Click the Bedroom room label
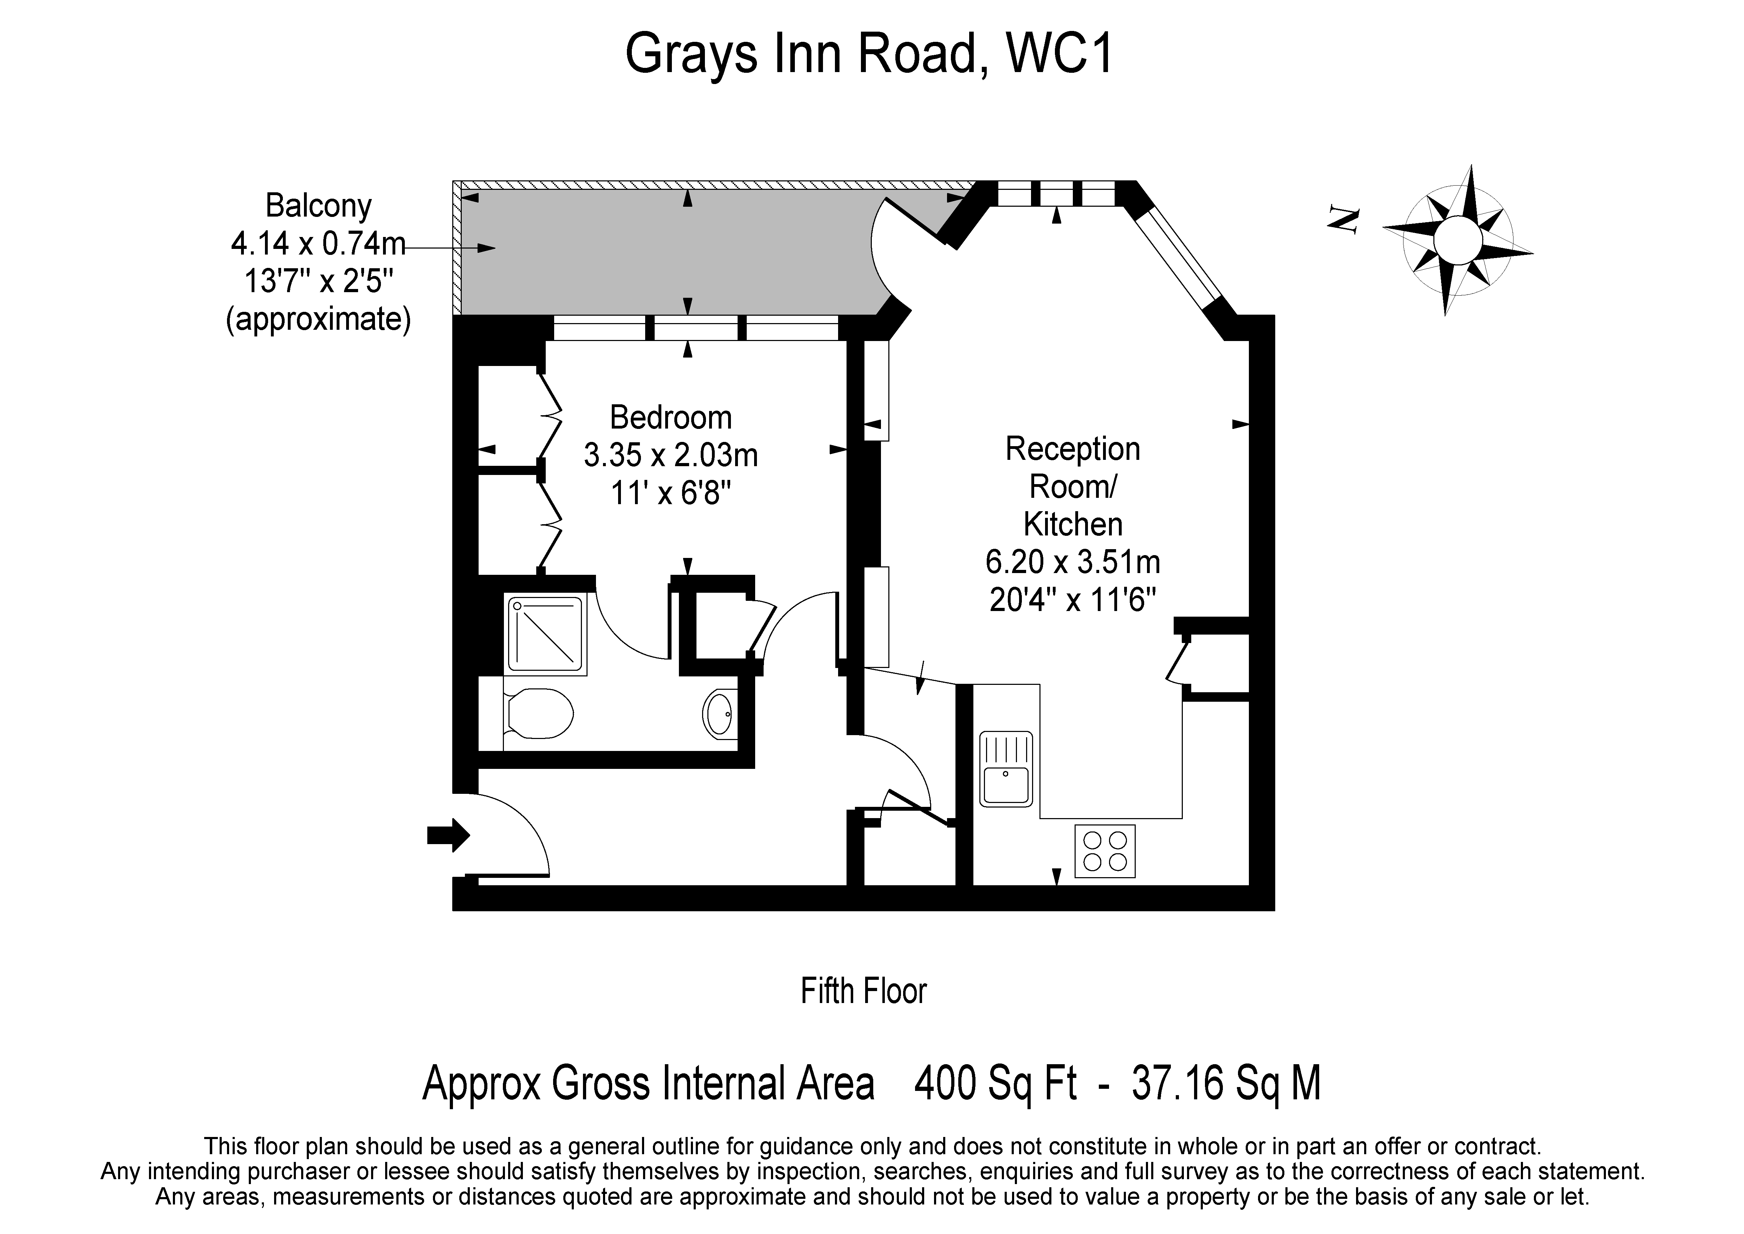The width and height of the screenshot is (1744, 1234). [671, 418]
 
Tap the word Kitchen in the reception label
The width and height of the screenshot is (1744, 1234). [1072, 524]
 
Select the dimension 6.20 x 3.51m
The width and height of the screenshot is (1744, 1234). [1072, 562]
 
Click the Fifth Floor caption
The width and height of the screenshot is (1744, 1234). [864, 992]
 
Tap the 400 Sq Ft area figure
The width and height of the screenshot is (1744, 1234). [995, 1083]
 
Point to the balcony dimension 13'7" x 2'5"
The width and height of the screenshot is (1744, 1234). [318, 282]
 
